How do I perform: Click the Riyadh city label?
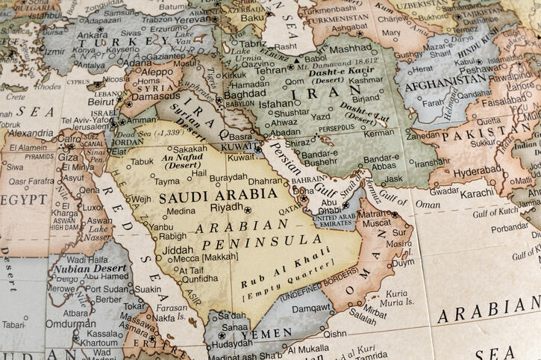point(226,208)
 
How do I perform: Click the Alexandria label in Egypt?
point(31,134)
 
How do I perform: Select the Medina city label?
point(180,211)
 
